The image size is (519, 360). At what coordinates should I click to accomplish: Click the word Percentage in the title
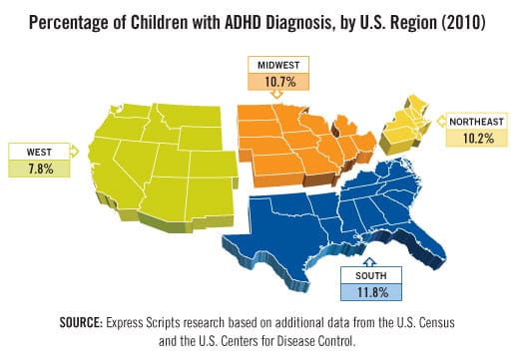pyautogui.click(x=76, y=20)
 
